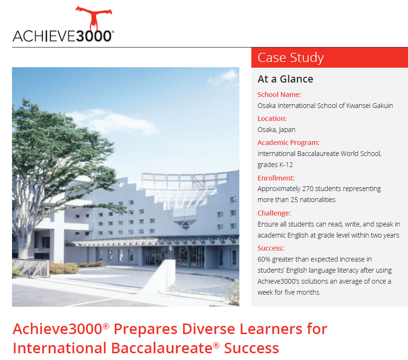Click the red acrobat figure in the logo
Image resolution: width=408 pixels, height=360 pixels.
[94, 18]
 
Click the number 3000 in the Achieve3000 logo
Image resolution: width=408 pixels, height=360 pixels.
[94, 36]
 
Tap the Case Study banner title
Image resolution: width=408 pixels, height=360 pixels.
[291, 58]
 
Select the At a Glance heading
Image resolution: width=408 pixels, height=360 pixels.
[285, 79]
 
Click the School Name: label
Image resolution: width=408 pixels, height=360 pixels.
[279, 95]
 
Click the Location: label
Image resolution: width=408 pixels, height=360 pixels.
[272, 119]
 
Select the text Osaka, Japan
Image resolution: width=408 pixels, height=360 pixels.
[276, 130]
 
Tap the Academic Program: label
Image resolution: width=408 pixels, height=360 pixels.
[288, 143]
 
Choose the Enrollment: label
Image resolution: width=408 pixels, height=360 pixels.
[276, 178]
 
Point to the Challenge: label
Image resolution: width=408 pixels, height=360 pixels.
[274, 213]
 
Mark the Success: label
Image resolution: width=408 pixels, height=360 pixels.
[271, 248]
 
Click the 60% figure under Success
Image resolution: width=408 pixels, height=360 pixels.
[264, 259]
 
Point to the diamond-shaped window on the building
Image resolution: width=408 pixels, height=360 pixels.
[185, 225]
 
